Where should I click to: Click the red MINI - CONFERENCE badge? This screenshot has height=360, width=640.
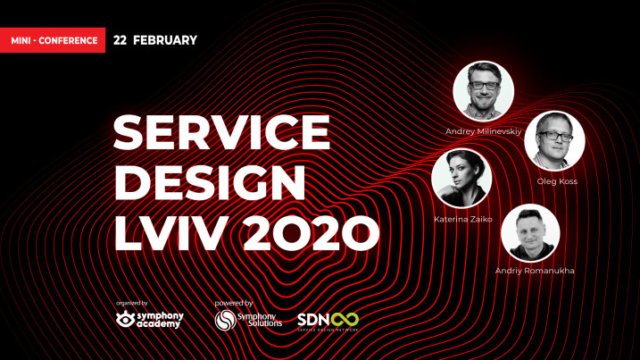click(x=53, y=40)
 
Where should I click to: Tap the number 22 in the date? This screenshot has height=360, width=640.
click(x=120, y=40)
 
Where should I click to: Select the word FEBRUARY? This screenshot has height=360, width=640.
click(x=165, y=40)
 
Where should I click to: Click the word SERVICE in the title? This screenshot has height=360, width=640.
click(x=221, y=132)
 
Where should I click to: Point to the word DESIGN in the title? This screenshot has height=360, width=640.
click(x=210, y=182)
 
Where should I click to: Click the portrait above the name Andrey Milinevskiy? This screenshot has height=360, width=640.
click(x=483, y=91)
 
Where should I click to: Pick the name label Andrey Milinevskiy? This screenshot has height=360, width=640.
click(x=483, y=131)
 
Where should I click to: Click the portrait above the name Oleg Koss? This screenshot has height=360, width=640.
click(x=554, y=141)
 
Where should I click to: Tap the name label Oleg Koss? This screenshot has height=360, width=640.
click(x=557, y=181)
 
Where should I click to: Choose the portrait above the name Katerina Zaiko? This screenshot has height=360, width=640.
click(x=461, y=178)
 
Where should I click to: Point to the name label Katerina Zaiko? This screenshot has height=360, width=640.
click(x=463, y=220)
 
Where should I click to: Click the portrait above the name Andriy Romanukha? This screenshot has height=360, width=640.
click(x=530, y=233)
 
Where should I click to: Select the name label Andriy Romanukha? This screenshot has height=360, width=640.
click(x=535, y=271)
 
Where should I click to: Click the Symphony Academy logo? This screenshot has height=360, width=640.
click(x=150, y=320)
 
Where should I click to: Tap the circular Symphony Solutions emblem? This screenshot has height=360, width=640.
click(x=226, y=320)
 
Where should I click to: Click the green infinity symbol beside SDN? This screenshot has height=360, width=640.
click(x=345, y=320)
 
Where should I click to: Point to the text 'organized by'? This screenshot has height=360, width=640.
click(x=132, y=303)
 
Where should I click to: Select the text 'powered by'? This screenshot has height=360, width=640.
click(x=234, y=303)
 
